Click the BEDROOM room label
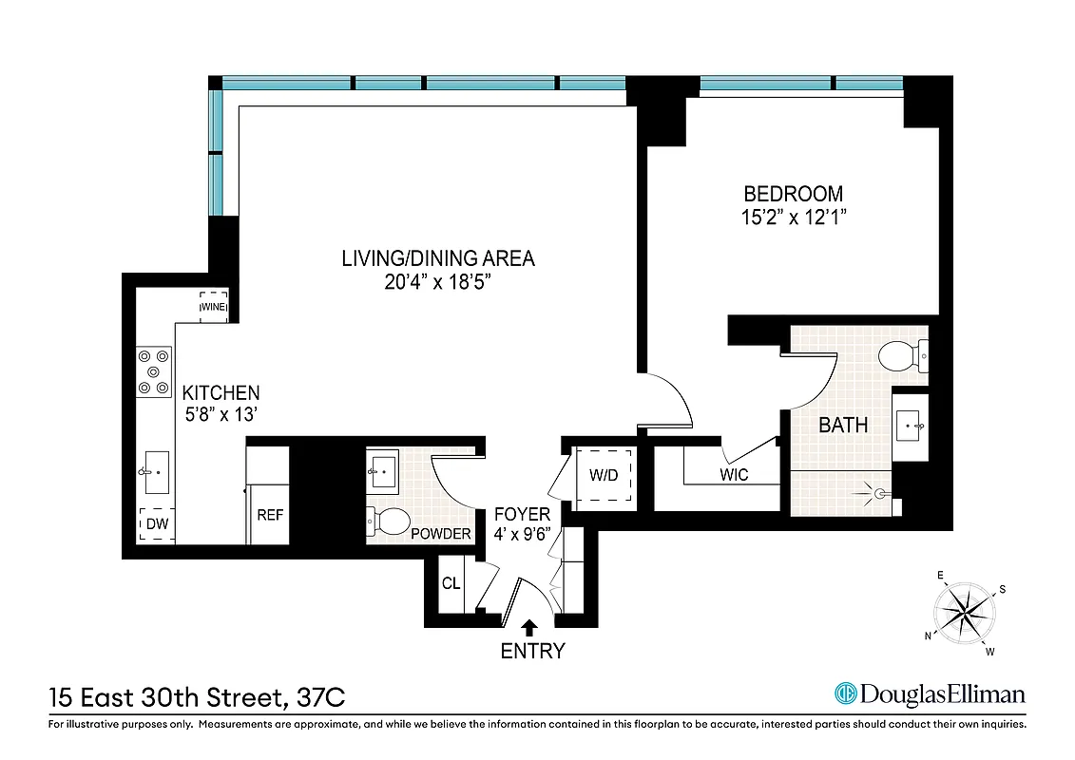coord(793,193)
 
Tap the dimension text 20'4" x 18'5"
coord(438,283)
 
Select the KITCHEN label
coord(221,392)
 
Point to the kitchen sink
coord(157,472)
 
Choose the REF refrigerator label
coord(270,515)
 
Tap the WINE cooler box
coord(212,307)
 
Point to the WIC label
coord(733,474)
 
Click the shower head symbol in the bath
coord(880,493)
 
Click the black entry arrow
coord(529,625)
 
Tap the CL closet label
coord(451,582)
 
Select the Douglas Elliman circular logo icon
coord(845,694)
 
